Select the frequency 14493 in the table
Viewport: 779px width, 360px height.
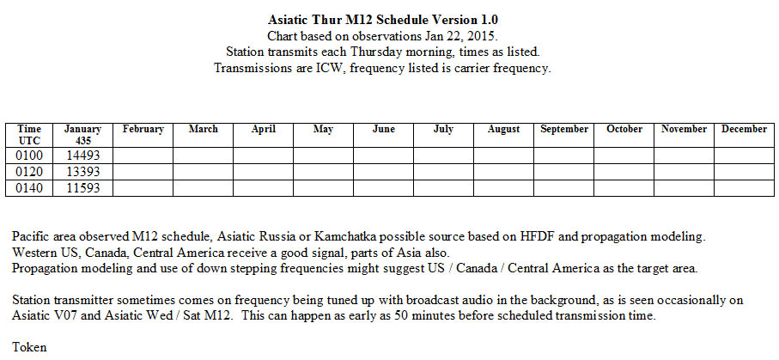pos(82,156)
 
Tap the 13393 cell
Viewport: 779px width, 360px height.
pos(82,172)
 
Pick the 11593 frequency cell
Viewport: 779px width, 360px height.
pos(82,188)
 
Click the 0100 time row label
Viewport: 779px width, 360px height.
pos(29,156)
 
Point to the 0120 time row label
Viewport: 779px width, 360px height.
pos(29,172)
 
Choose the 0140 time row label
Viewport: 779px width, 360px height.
pos(29,188)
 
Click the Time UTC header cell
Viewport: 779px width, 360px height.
pos(29,135)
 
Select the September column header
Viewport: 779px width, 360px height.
pos(564,129)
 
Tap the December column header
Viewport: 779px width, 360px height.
pos(745,129)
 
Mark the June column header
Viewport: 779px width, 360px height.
pos(384,129)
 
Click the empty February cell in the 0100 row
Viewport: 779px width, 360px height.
pos(143,156)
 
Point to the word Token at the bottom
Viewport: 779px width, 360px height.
pos(29,347)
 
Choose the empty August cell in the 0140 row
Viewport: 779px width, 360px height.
pos(504,188)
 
